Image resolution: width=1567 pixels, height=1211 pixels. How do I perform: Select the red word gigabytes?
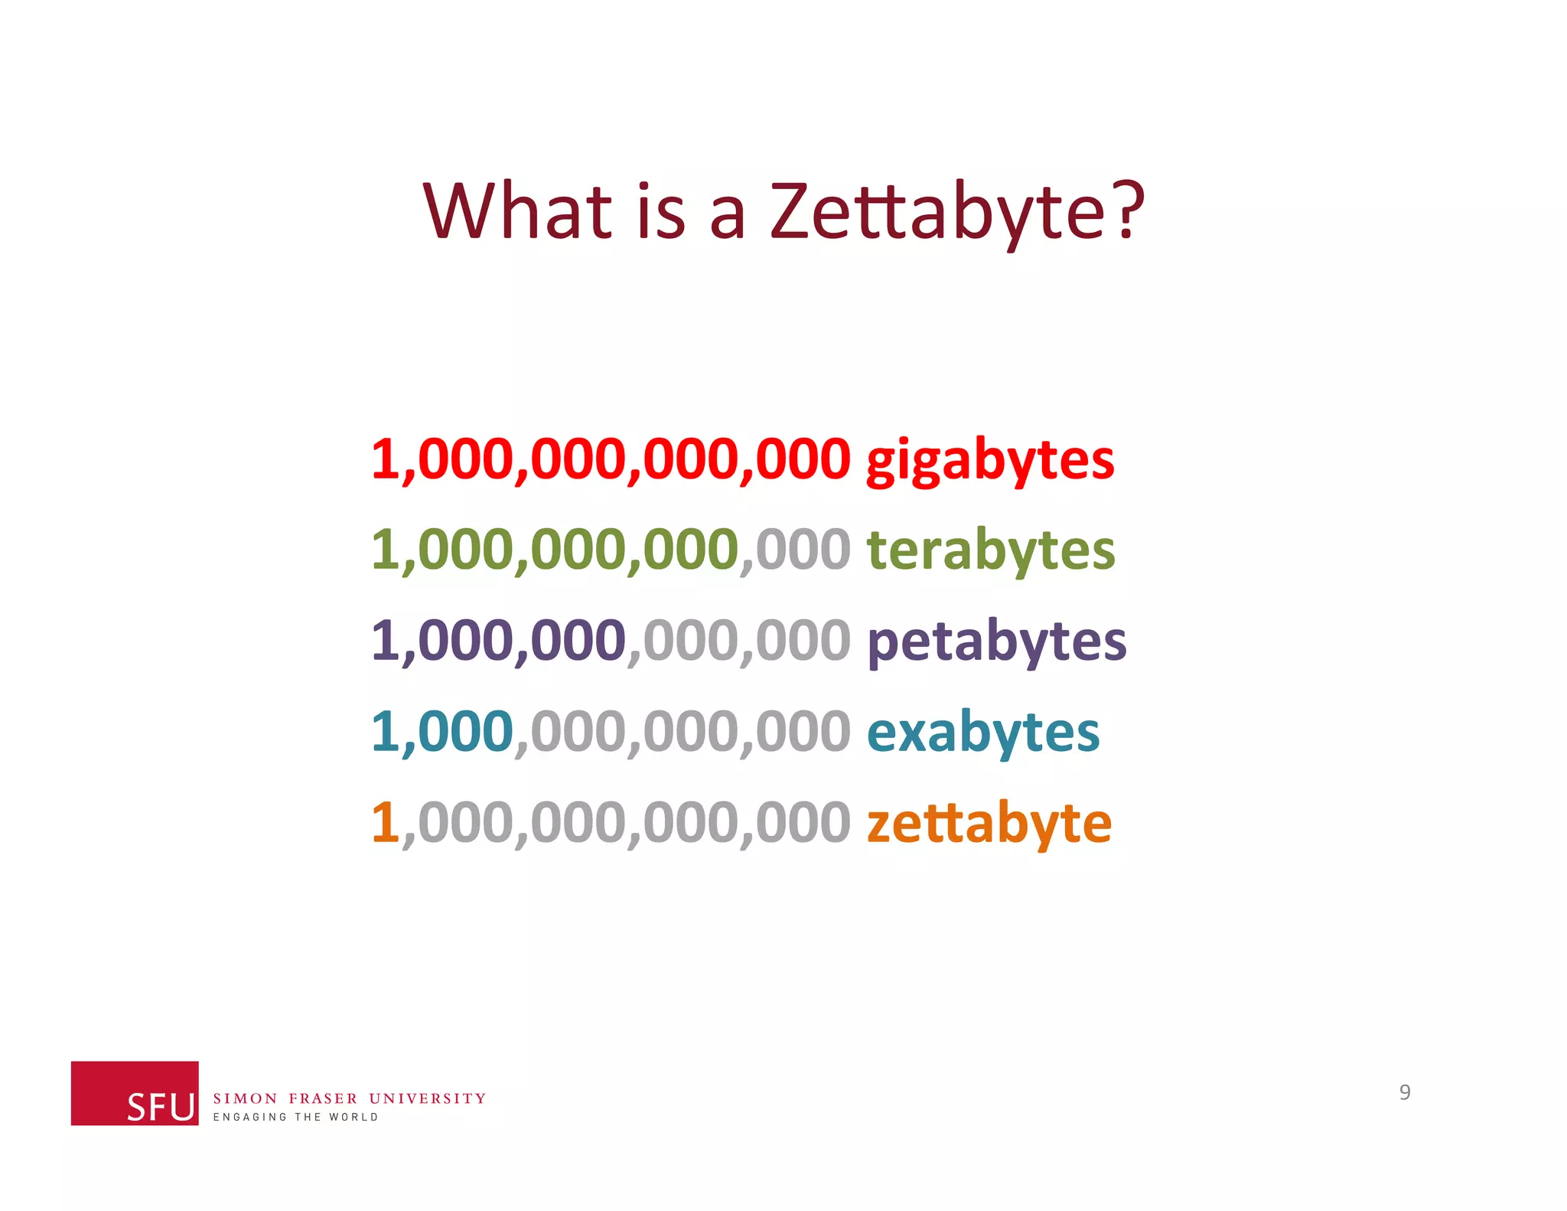(990, 462)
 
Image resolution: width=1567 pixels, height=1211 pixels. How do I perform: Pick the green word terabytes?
(991, 550)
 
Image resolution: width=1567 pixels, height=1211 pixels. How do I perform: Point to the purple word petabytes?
(996, 641)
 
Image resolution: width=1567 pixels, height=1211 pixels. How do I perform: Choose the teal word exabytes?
(983, 733)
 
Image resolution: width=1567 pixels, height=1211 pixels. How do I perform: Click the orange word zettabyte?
(989, 824)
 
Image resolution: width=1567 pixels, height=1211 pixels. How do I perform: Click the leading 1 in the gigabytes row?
(384, 460)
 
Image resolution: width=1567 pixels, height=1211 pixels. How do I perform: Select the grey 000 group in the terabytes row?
(803, 550)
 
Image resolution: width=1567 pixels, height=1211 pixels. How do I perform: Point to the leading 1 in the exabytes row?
(384, 732)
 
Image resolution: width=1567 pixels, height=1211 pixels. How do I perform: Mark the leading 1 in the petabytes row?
(384, 641)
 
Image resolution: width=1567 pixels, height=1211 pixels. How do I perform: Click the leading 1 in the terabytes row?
(384, 550)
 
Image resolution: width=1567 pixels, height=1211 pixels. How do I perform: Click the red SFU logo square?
(135, 1092)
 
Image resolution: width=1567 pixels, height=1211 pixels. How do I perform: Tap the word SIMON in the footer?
(245, 1098)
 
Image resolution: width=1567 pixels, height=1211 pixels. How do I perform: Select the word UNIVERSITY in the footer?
(427, 1098)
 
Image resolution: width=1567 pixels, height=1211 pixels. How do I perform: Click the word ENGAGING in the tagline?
(249, 1117)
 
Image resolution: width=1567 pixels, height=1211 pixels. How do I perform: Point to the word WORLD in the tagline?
(353, 1117)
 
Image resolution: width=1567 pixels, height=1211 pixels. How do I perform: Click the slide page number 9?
(1405, 1092)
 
